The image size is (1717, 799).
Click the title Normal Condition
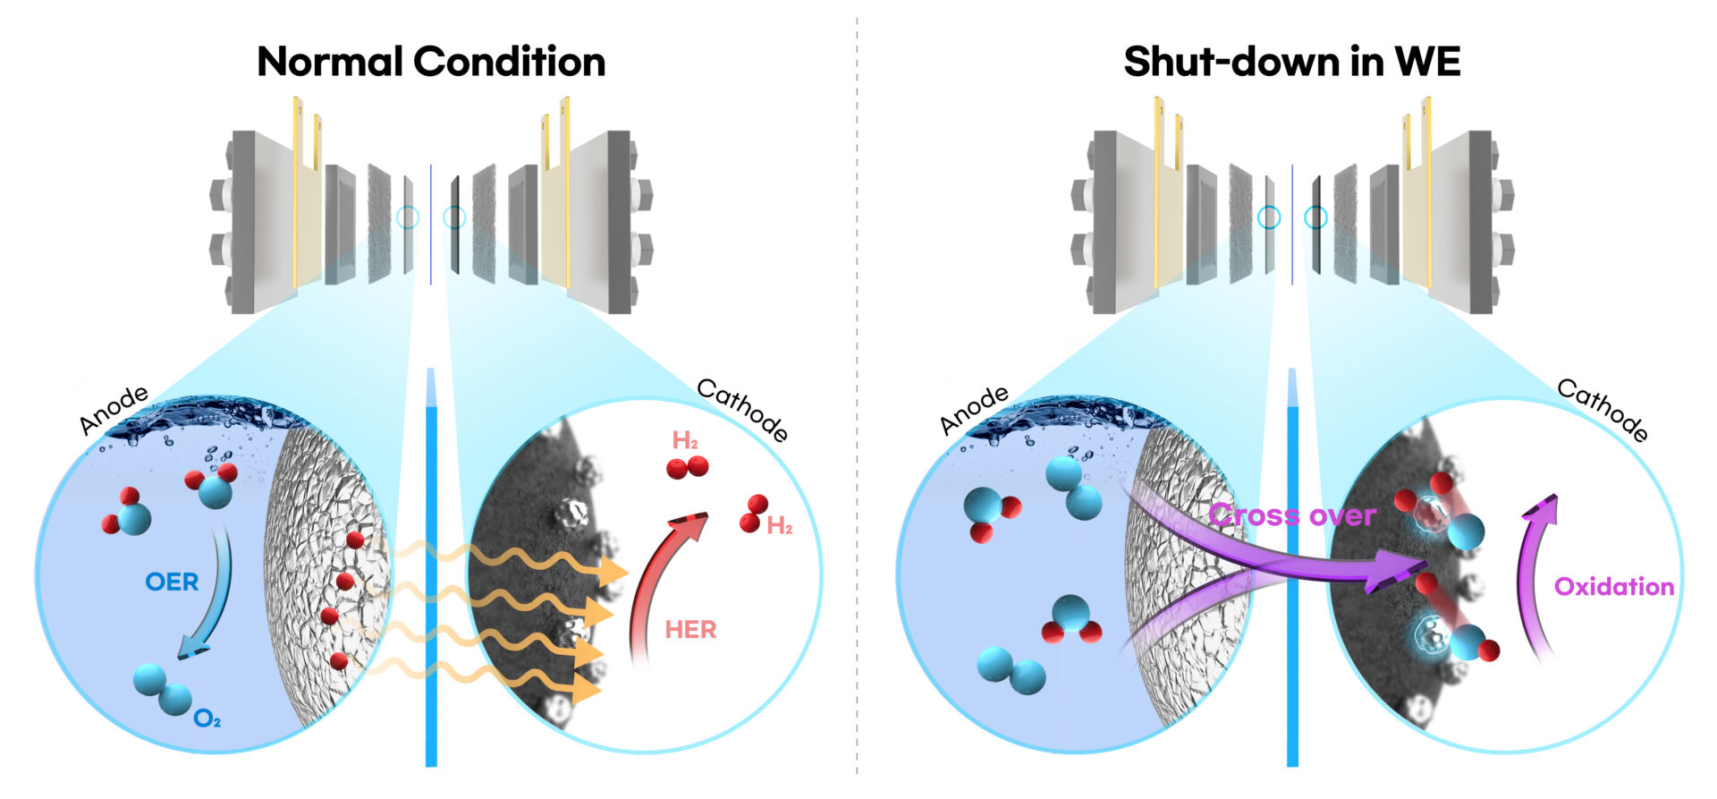[x=431, y=62]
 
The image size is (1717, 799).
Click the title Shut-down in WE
[x=1291, y=62]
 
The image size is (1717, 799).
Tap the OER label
[x=172, y=582]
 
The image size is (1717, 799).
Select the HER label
[x=690, y=630]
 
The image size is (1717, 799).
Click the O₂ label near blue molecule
[x=207, y=718]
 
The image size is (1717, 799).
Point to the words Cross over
[x=1291, y=515]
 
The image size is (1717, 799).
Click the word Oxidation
[x=1613, y=587]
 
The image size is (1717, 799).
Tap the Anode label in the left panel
[x=114, y=411]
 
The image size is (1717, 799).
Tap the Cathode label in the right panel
[x=1603, y=410]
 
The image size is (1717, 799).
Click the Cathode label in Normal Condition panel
[x=742, y=410]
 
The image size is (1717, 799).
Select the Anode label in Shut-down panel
[x=974, y=411]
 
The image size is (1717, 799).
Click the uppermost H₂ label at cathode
[x=685, y=440]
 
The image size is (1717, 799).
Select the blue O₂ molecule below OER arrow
[x=162, y=689]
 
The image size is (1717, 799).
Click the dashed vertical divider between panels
[x=857, y=403]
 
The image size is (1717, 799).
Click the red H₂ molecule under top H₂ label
[x=687, y=467]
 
